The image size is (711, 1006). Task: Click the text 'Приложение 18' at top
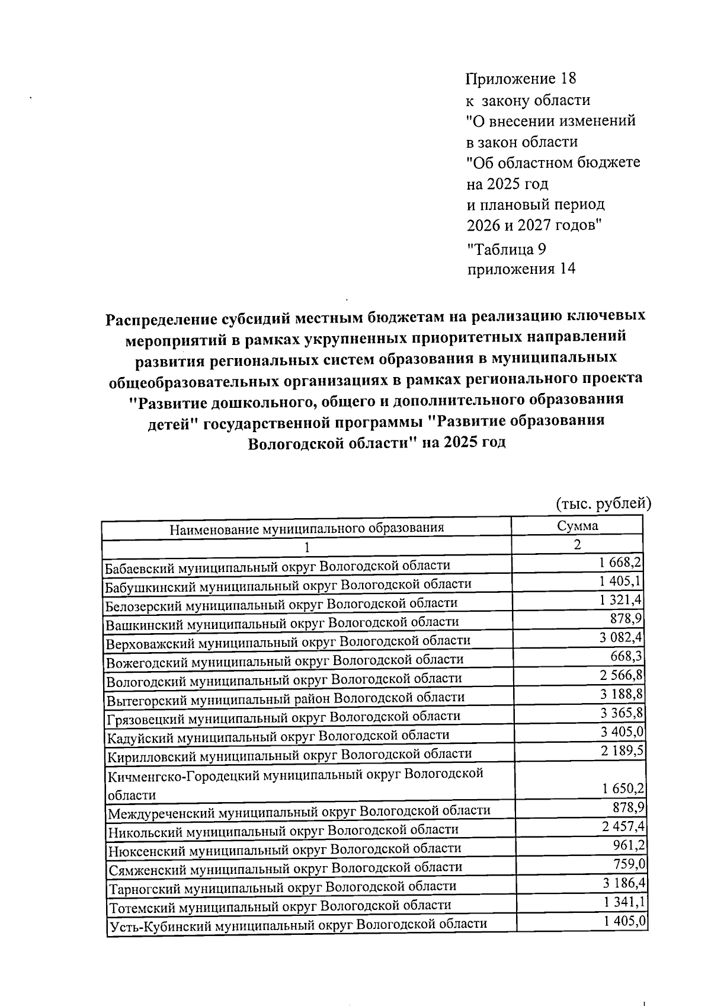(521, 79)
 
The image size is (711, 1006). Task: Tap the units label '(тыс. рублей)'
(603, 504)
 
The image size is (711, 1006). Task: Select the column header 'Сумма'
(577, 526)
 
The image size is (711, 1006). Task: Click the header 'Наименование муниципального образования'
(306, 528)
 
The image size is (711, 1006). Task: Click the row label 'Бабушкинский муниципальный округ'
(288, 585)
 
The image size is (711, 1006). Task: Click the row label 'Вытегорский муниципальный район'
(286, 698)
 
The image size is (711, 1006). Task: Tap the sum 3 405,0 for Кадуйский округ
(622, 732)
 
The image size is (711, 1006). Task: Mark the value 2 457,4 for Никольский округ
(623, 826)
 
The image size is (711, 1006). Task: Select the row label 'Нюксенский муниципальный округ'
(284, 848)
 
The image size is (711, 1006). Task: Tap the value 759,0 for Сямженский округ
(629, 864)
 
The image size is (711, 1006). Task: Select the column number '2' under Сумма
(577, 544)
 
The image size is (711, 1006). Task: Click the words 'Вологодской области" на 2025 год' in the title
(376, 443)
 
